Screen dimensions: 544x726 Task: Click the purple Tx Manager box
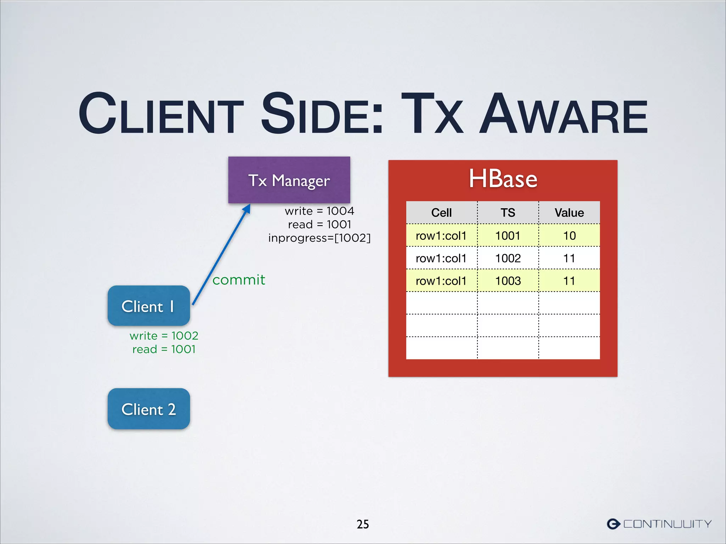tap(289, 180)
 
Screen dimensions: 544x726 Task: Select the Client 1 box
tap(149, 306)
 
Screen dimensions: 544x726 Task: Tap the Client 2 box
tap(149, 409)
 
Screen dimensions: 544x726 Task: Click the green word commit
tap(239, 280)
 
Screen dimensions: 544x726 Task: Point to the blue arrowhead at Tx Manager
tap(247, 209)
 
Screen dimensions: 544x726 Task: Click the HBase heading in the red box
tap(503, 179)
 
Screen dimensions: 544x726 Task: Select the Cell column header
tap(441, 212)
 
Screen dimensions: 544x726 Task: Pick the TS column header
tap(508, 212)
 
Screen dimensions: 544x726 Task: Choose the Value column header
tap(569, 212)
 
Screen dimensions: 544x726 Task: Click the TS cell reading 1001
tap(508, 236)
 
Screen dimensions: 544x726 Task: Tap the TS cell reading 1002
tap(508, 258)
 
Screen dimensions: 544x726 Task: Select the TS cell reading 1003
tap(508, 281)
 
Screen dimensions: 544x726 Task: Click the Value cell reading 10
tap(569, 236)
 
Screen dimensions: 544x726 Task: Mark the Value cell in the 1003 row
tap(569, 281)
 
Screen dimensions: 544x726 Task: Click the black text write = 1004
tap(319, 211)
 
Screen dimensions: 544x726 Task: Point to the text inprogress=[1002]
tap(319, 238)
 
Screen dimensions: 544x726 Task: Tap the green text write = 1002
tap(164, 335)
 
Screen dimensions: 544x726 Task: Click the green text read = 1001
tap(164, 349)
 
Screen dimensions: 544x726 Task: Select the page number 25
tap(363, 524)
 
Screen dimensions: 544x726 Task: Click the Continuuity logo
tap(659, 524)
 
